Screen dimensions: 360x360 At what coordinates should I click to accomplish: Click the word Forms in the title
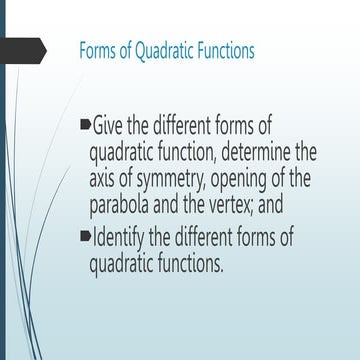[97, 50]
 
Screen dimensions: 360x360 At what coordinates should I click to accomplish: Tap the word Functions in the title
[227, 50]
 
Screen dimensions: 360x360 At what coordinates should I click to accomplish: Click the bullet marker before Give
[83, 127]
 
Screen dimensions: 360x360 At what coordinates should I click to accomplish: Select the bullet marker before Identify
[83, 239]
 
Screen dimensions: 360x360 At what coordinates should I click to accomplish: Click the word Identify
[121, 240]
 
